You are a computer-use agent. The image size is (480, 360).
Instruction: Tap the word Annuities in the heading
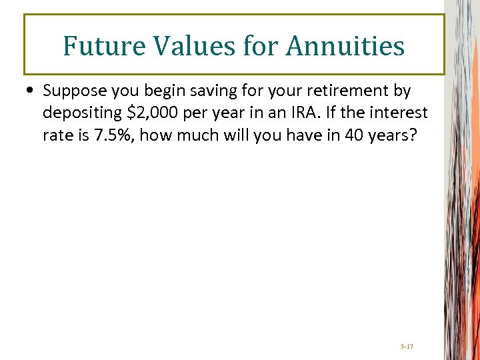tap(345, 46)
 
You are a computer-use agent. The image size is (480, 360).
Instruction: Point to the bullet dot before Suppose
tap(31, 91)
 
